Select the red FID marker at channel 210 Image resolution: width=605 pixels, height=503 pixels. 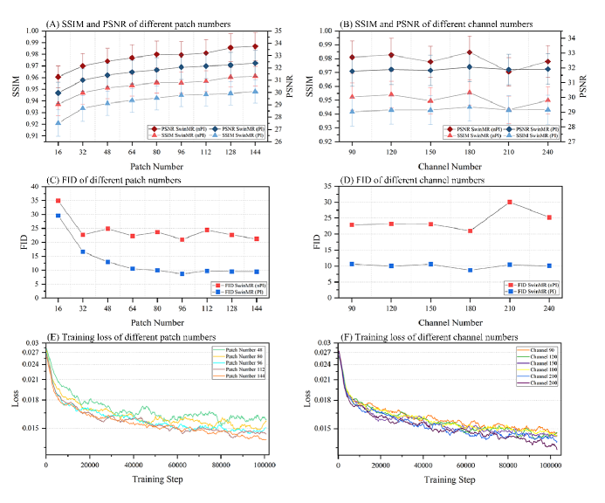[510, 203]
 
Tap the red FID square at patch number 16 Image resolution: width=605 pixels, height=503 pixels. [58, 201]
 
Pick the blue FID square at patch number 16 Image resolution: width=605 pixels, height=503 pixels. [58, 216]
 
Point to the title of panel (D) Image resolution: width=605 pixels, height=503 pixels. [410, 180]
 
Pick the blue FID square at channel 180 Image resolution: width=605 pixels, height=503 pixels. [470, 270]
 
